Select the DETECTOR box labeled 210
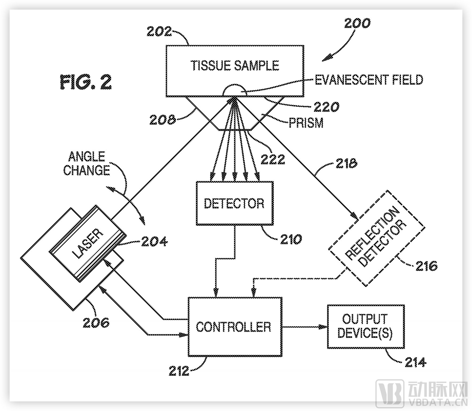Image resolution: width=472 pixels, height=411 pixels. click(x=234, y=203)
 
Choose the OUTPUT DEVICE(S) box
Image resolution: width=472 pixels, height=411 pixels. click(x=365, y=326)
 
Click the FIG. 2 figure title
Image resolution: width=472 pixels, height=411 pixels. click(x=85, y=82)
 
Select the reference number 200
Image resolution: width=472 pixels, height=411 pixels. click(x=357, y=23)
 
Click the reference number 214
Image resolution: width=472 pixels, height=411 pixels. click(x=415, y=362)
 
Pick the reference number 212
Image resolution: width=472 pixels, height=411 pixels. click(x=179, y=371)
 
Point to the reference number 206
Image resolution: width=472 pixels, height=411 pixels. click(x=96, y=323)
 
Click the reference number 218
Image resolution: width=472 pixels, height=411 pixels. click(x=346, y=163)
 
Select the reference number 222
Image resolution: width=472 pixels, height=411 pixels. click(x=273, y=160)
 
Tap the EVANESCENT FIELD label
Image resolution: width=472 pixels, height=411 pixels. click(x=369, y=80)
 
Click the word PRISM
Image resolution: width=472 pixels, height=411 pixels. click(x=306, y=123)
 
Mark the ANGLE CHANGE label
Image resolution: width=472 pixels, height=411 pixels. click(x=87, y=163)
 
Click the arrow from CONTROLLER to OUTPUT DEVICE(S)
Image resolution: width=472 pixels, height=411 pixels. click(x=304, y=327)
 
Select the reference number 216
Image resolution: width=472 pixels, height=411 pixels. click(x=426, y=266)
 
